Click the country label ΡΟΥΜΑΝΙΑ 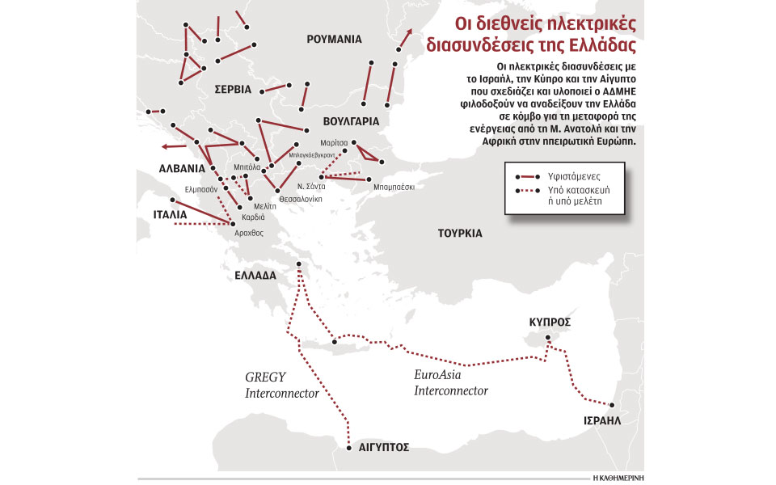334,39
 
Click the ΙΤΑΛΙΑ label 171,216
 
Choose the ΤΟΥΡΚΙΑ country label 459,233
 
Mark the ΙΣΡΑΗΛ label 602,421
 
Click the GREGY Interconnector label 274,385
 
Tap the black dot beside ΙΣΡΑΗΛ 613,406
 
